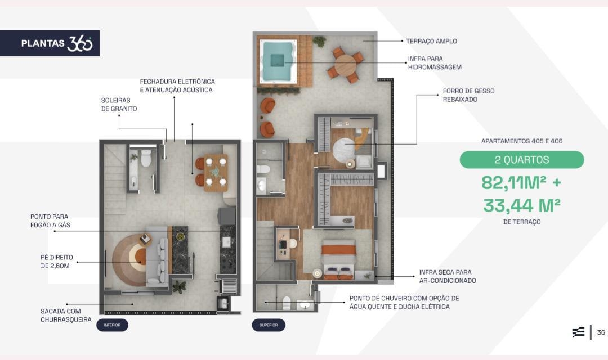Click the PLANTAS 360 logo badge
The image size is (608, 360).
tap(50, 43)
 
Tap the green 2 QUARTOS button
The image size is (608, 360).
tap(521, 160)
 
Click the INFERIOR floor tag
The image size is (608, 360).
tap(112, 325)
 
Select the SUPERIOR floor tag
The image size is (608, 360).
tap(269, 325)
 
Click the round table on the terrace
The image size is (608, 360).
tap(346, 65)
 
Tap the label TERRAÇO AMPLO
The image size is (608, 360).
tap(431, 41)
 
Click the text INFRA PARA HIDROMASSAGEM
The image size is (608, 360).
tap(434, 63)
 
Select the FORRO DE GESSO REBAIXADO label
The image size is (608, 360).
tap(468, 95)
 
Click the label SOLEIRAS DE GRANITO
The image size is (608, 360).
tap(119, 105)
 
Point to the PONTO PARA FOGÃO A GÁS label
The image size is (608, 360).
tap(50, 221)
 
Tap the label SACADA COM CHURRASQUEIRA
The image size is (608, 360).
tap(66, 316)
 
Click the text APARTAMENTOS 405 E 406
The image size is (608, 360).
tap(521, 141)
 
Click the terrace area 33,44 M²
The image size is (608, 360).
tap(521, 205)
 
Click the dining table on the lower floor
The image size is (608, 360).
tap(216, 173)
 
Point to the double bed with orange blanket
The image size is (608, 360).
tap(338, 259)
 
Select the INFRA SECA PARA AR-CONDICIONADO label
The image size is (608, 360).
tap(448, 276)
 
